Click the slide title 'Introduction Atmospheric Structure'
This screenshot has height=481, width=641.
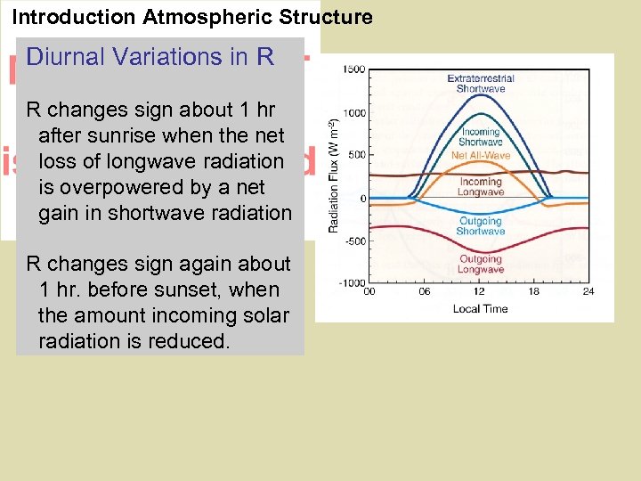pyautogui.click(x=191, y=16)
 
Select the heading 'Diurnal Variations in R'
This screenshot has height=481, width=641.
pyautogui.click(x=150, y=57)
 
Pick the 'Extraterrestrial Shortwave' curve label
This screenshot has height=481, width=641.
pyautogui.click(x=481, y=84)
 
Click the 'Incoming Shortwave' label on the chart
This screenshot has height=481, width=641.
pyautogui.click(x=481, y=137)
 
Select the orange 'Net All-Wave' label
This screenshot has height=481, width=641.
pyautogui.click(x=481, y=156)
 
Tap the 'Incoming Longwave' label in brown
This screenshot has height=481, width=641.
pyautogui.click(x=481, y=187)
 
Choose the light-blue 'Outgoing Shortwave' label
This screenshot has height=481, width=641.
pyautogui.click(x=481, y=226)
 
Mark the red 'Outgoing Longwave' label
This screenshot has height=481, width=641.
pyautogui.click(x=481, y=265)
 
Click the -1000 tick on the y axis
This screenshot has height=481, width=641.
pyautogui.click(x=351, y=282)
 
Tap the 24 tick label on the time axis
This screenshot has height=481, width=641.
pyautogui.click(x=588, y=292)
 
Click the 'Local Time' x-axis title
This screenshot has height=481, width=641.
pyautogui.click(x=481, y=308)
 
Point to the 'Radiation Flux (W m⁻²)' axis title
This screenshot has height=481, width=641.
pyautogui.click(x=334, y=175)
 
